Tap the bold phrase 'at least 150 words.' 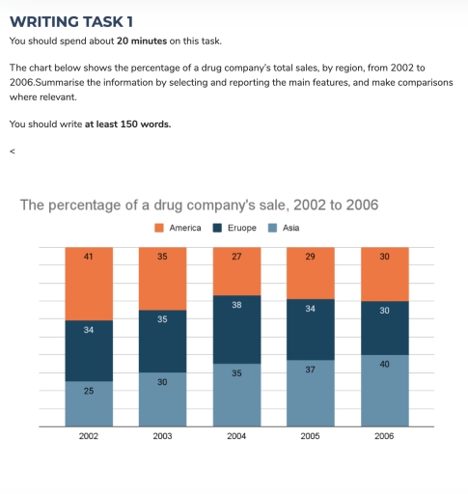(127, 123)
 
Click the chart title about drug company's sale (199, 205)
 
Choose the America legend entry (178, 228)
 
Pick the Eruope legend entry (234, 228)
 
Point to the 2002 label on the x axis (89, 436)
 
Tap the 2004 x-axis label (236, 436)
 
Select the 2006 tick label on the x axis (384, 436)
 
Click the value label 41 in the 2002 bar (89, 257)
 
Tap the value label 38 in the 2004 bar (236, 304)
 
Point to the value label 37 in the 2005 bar (311, 370)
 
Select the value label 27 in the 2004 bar (236, 257)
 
